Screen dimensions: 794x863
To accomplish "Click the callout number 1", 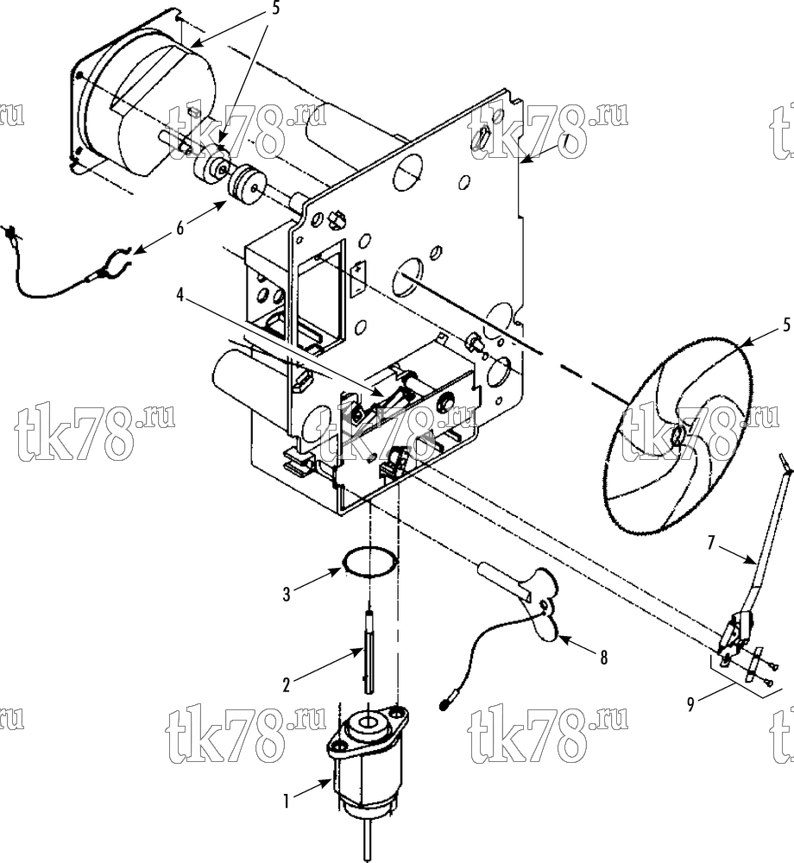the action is [287, 803].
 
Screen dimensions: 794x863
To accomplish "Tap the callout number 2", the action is [287, 685].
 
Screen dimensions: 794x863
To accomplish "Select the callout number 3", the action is [287, 595].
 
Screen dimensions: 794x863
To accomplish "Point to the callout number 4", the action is [180, 295].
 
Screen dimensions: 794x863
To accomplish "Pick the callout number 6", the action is [180, 228].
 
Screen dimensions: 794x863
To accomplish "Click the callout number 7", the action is [711, 543].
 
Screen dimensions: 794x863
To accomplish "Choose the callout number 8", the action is [603, 657].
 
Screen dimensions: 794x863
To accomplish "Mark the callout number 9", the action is [691, 704].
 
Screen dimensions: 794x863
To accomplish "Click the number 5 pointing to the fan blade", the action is [786, 324].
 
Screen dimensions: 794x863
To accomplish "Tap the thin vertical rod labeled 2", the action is [369, 650].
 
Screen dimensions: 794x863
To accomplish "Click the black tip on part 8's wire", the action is [444, 704].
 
